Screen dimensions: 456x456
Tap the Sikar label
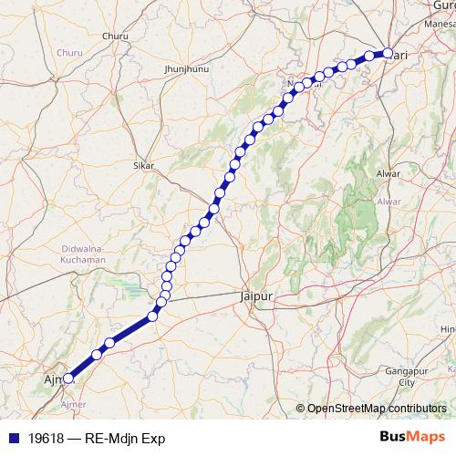(x=143, y=166)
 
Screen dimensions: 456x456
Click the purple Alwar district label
(x=389, y=201)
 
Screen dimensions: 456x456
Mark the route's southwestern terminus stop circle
(x=67, y=378)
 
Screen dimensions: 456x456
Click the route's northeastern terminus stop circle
(x=388, y=54)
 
